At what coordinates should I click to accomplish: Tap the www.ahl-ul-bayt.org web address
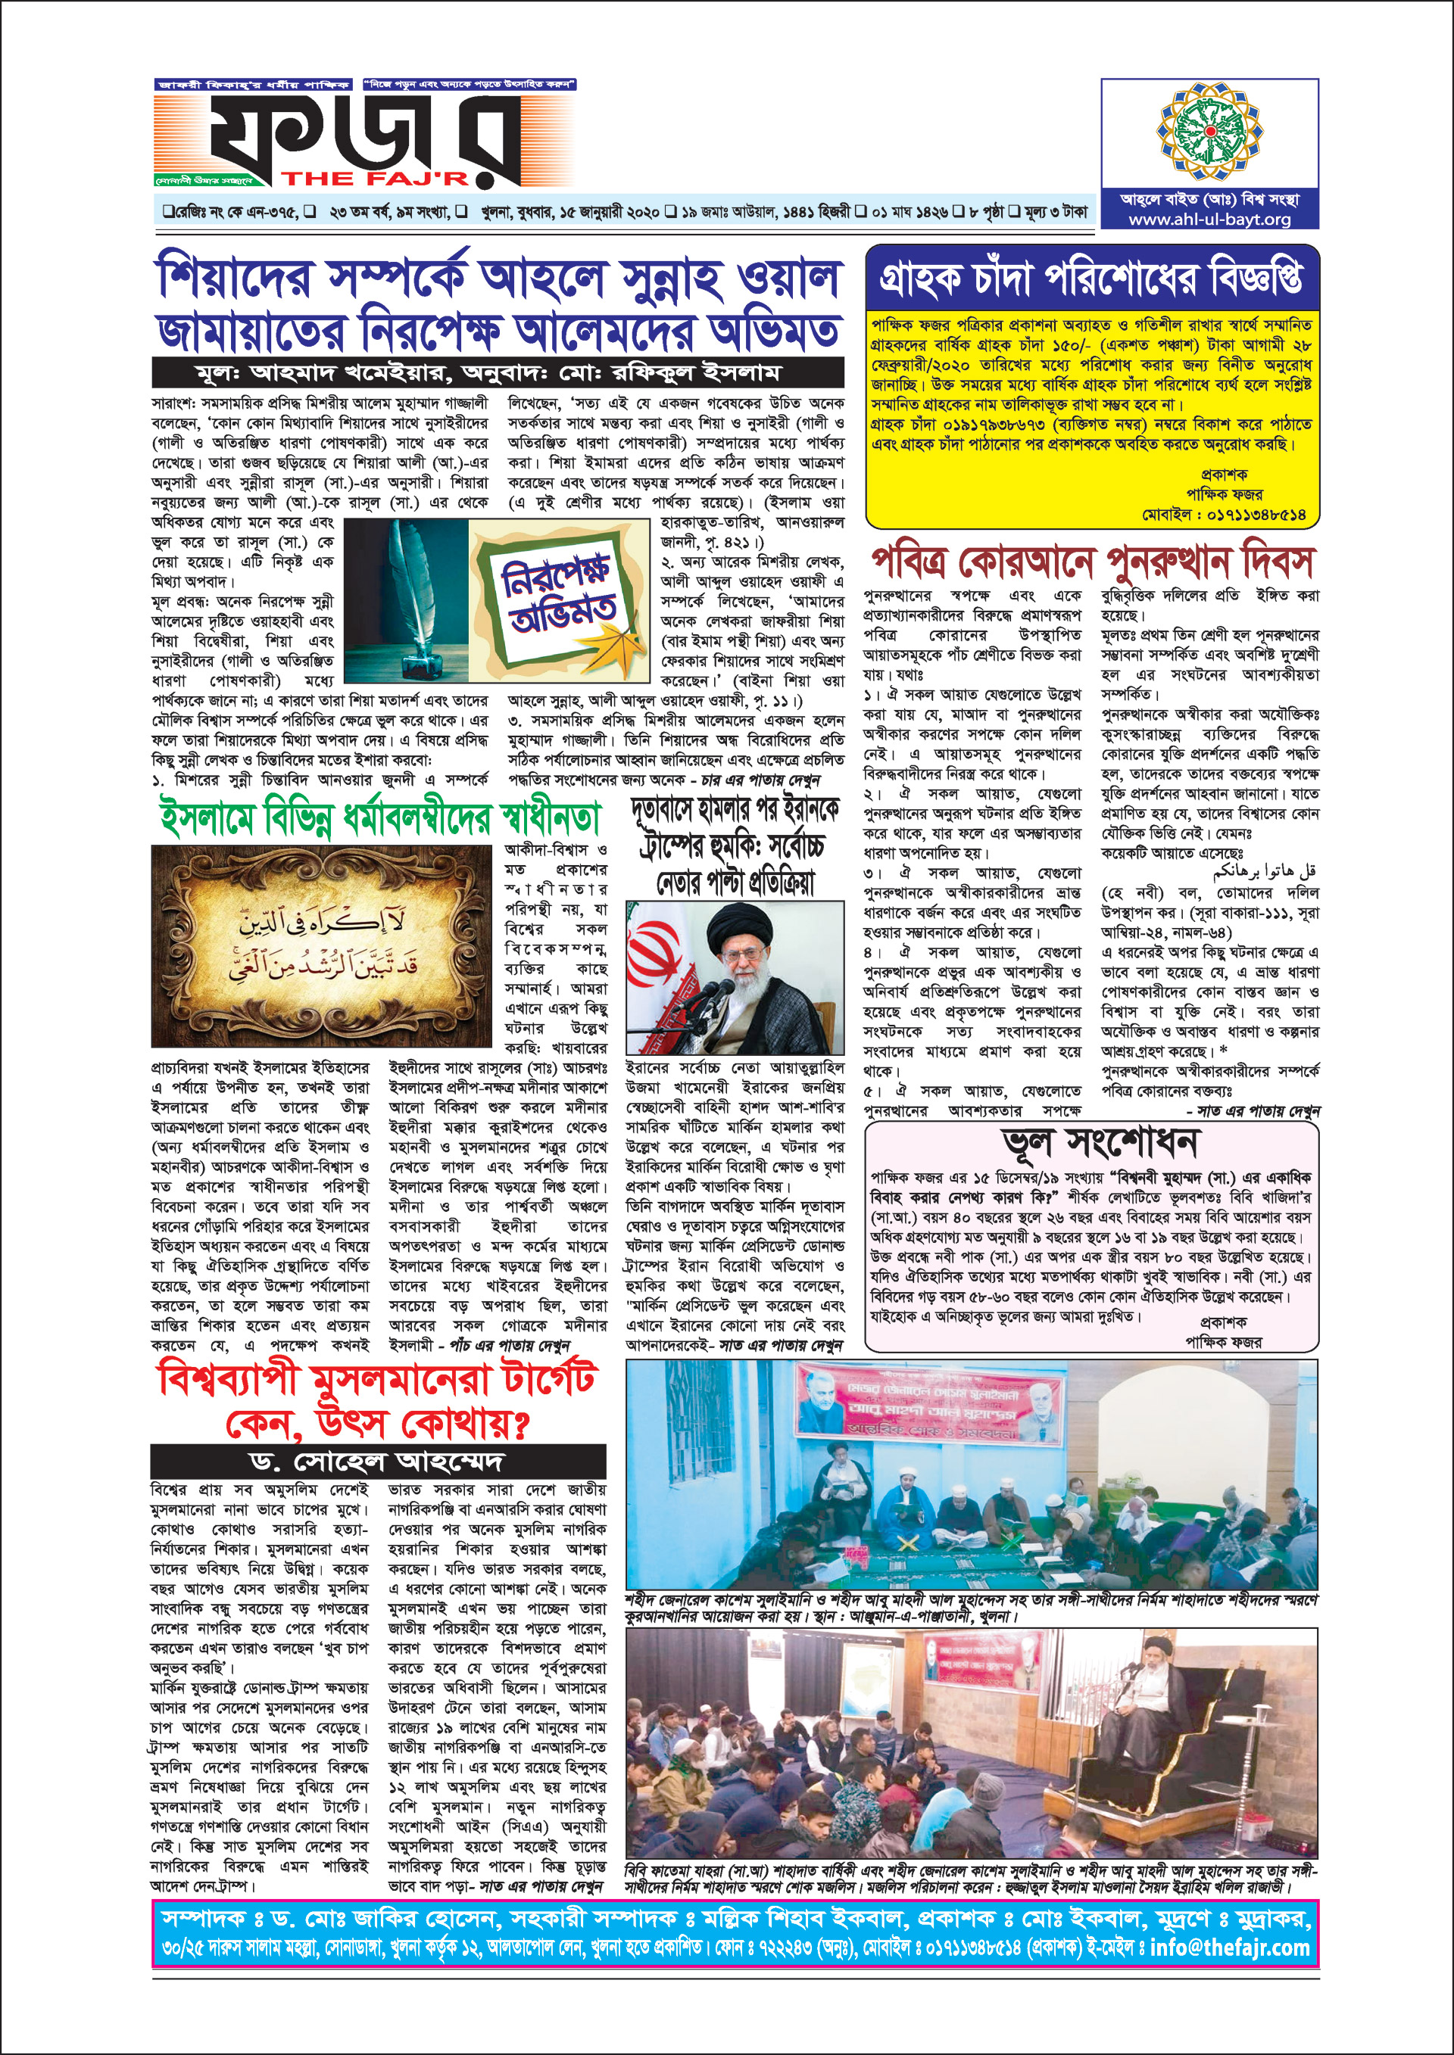[1209, 220]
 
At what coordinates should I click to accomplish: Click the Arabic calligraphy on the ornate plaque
[327, 945]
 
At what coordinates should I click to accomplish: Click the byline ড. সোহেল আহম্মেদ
[377, 1462]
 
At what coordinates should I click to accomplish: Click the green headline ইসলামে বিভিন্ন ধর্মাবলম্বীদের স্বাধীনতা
[379, 818]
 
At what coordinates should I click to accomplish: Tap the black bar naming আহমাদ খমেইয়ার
[497, 372]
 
